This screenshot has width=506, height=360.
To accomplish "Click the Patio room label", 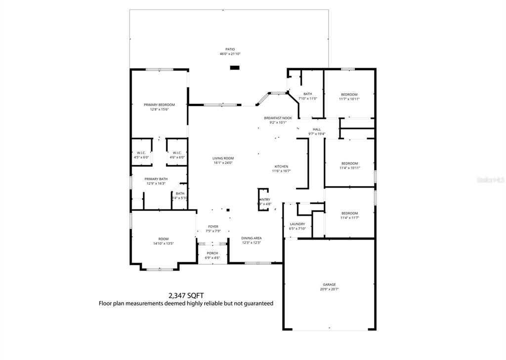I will [230, 49].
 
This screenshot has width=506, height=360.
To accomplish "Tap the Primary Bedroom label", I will [159, 105].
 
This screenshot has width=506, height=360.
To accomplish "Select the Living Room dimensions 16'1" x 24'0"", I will [223, 162].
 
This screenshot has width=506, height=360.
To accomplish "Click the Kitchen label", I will [281, 166].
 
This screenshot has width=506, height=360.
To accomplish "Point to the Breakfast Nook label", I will [278, 118].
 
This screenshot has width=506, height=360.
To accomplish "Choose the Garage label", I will [330, 284].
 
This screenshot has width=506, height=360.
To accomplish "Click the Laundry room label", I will [297, 224].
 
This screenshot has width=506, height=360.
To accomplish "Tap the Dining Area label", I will [252, 238].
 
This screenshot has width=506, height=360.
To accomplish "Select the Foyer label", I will [213, 227].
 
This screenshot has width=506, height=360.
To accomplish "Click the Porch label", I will [212, 253].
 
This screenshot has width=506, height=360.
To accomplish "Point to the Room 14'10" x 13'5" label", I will [163, 239].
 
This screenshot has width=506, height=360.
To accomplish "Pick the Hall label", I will [317, 129].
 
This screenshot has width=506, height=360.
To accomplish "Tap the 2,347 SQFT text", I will [186, 295].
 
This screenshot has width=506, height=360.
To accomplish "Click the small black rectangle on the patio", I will [235, 68].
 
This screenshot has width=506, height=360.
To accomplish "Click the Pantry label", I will [264, 200].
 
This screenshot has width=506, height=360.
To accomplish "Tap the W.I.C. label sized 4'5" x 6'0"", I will [140, 153].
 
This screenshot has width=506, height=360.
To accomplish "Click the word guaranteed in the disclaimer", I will [256, 304].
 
